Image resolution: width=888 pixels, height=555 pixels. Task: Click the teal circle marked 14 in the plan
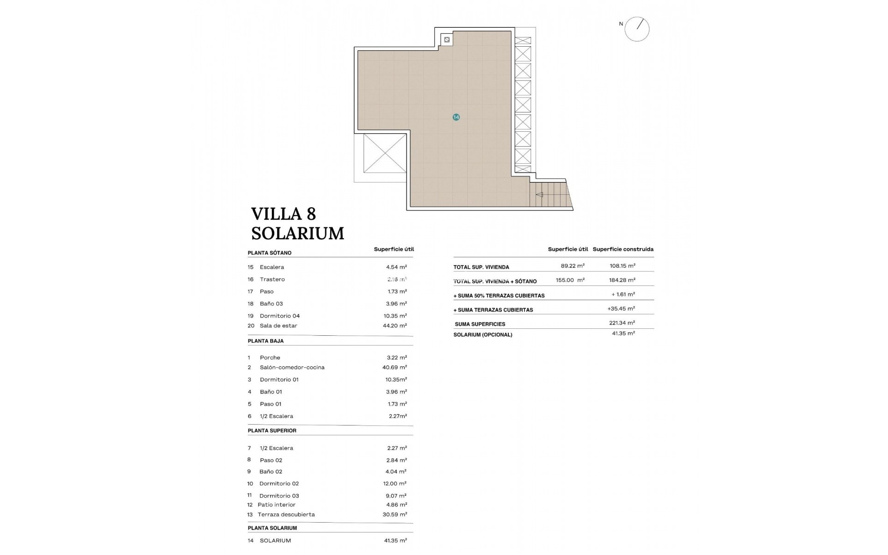point(456,117)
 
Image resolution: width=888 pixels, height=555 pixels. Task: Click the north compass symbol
point(637,29)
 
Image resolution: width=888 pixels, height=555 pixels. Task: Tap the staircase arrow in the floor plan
point(539,195)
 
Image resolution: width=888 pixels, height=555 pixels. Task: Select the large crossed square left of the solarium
point(385,153)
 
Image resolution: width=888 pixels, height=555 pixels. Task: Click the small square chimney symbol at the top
point(447,40)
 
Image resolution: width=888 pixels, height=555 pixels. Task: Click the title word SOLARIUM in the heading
point(297,234)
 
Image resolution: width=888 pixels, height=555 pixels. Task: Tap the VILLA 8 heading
point(284,214)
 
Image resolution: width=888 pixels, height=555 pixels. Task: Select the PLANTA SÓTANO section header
point(270,253)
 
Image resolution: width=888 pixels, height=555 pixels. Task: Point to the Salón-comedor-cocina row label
point(292,367)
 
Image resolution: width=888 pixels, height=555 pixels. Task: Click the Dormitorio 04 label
point(279,316)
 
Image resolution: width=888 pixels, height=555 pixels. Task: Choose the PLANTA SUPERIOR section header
point(272,431)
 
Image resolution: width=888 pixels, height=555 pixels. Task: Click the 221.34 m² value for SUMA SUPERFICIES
point(622,323)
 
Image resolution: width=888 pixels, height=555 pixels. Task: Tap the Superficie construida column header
point(623,249)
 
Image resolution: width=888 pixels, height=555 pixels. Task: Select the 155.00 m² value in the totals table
point(570,280)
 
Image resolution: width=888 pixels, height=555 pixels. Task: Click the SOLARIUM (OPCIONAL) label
point(483,335)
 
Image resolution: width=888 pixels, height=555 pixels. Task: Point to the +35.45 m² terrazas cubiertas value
point(621,308)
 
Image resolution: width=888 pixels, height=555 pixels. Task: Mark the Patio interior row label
point(276,505)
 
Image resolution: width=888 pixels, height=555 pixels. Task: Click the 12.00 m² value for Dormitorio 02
point(396,483)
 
